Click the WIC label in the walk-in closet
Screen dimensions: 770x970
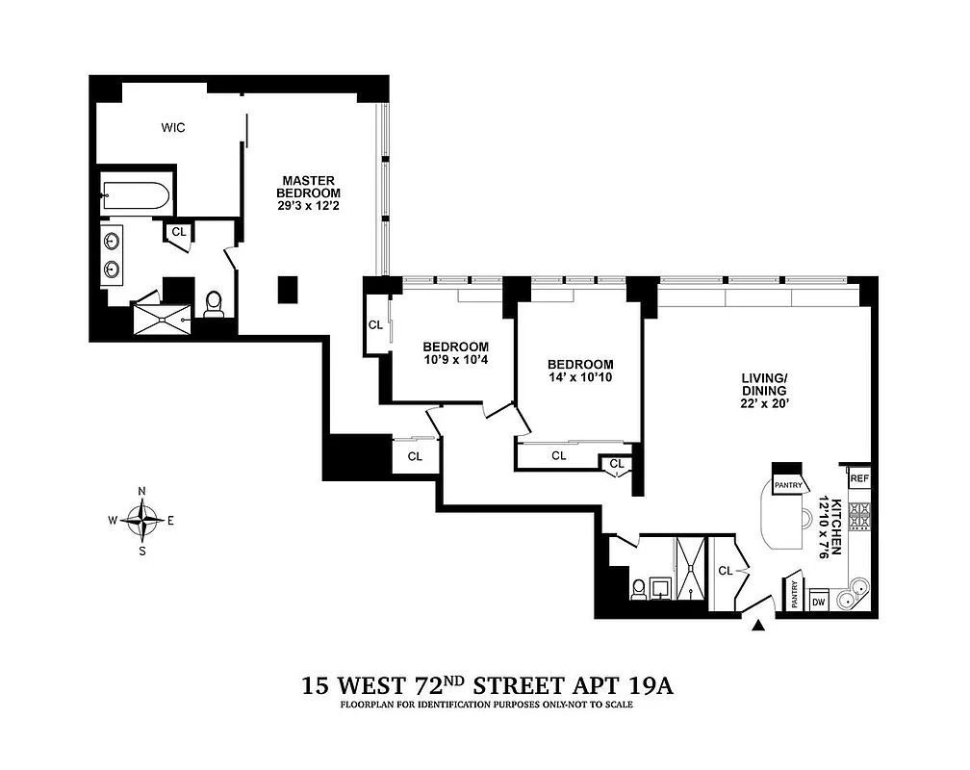(x=173, y=126)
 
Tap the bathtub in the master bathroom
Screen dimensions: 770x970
(x=136, y=199)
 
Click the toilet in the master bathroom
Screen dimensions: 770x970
(x=214, y=305)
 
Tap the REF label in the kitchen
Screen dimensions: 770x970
(x=858, y=478)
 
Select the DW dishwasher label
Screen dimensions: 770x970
(x=819, y=603)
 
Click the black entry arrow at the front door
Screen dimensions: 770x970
(x=758, y=627)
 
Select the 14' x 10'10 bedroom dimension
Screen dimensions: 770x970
(x=580, y=377)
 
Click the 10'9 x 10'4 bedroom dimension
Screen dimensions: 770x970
(x=456, y=360)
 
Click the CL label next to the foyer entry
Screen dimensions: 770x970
(x=725, y=570)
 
